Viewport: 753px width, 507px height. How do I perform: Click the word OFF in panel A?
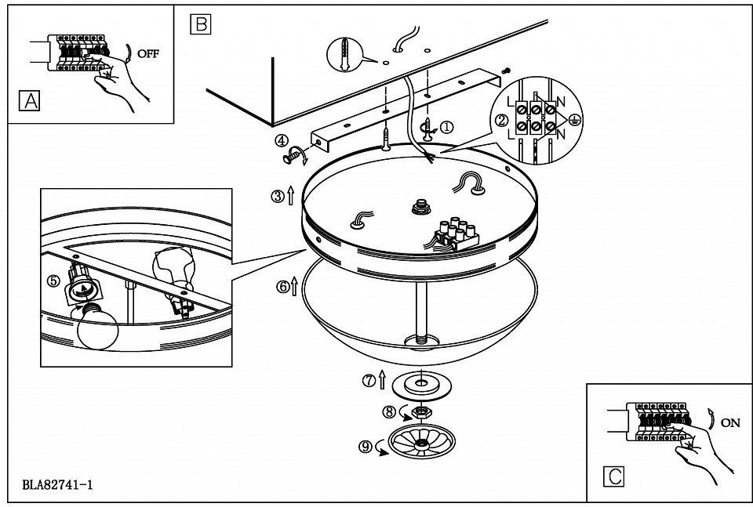(x=148, y=54)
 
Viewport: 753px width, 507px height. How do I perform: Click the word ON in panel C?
(x=730, y=422)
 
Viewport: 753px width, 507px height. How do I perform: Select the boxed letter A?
(x=29, y=100)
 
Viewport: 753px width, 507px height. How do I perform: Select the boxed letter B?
(x=200, y=24)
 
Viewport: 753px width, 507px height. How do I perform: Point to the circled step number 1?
(x=446, y=128)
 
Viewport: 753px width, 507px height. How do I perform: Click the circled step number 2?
(x=501, y=121)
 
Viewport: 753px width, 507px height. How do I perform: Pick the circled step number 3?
(x=278, y=197)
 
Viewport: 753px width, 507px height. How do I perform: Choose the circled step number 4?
(x=281, y=141)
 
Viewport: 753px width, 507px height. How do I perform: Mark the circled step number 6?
(x=282, y=287)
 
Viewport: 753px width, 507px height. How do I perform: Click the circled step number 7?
(x=369, y=382)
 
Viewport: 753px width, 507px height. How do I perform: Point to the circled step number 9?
(x=365, y=447)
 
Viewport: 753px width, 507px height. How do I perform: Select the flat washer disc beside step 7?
(x=421, y=385)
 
